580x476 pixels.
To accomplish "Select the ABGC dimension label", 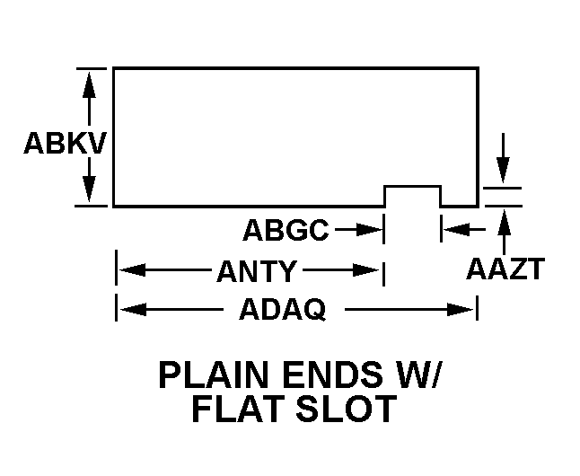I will coord(286,230).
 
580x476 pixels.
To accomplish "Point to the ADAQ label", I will coord(282,311).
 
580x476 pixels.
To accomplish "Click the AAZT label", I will coord(505,269).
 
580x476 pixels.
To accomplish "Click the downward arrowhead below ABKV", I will coord(90,192).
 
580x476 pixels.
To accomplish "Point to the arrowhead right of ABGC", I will coord(373,230).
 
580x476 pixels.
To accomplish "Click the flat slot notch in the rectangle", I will coord(413,196).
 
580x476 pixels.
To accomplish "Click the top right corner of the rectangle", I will coord(478,67).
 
